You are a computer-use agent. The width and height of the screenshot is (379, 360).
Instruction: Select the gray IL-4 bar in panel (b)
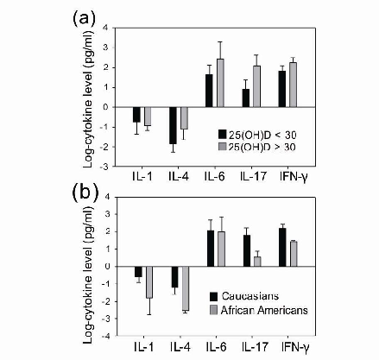[x=185, y=288]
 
